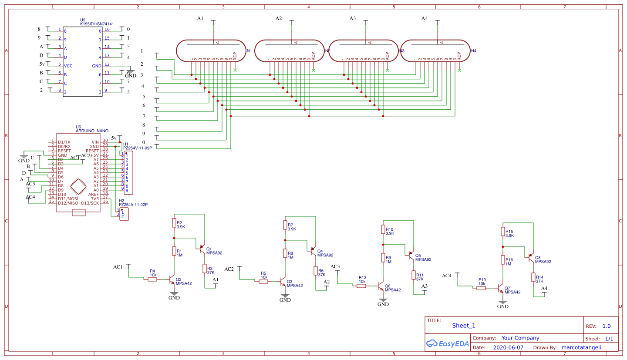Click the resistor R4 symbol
tap(152, 279)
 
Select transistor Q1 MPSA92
tap(201, 249)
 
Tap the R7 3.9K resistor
tap(285, 225)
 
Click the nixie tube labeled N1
tap(210, 51)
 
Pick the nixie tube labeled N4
tap(435, 51)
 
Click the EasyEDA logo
tap(448, 343)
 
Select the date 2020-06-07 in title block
tap(508, 348)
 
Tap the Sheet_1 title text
tap(464, 326)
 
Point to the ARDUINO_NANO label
tap(92, 131)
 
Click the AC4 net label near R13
tap(447, 276)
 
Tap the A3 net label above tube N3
tap(352, 19)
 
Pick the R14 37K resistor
tap(533, 277)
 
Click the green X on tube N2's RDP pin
tap(313, 70)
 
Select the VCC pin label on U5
tap(68, 66)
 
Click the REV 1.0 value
tap(606, 326)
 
